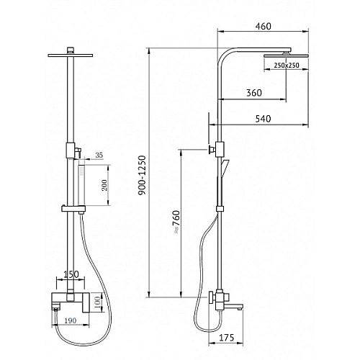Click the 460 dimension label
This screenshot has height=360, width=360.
coord(263,26)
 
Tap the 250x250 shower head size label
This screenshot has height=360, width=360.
coord(287,65)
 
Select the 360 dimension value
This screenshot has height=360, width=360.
coord(254,93)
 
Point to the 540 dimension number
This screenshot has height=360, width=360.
coord(263,119)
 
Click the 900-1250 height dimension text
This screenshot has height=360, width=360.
coord(143,175)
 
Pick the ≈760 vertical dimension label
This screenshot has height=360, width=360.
coord(177,222)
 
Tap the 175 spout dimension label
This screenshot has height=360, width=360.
coord(226,338)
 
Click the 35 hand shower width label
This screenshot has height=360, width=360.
coord(99,156)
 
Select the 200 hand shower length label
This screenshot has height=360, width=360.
coord(104,185)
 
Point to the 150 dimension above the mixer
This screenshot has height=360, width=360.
coord(71,274)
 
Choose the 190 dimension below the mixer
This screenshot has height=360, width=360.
coord(71,320)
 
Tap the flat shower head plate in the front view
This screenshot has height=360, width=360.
coord(71,55)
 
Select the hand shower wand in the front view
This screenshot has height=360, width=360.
coord(81,185)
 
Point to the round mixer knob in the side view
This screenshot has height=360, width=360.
coord(212,298)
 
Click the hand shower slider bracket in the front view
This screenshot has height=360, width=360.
coord(73,209)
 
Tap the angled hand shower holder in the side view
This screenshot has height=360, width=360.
coord(225,166)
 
